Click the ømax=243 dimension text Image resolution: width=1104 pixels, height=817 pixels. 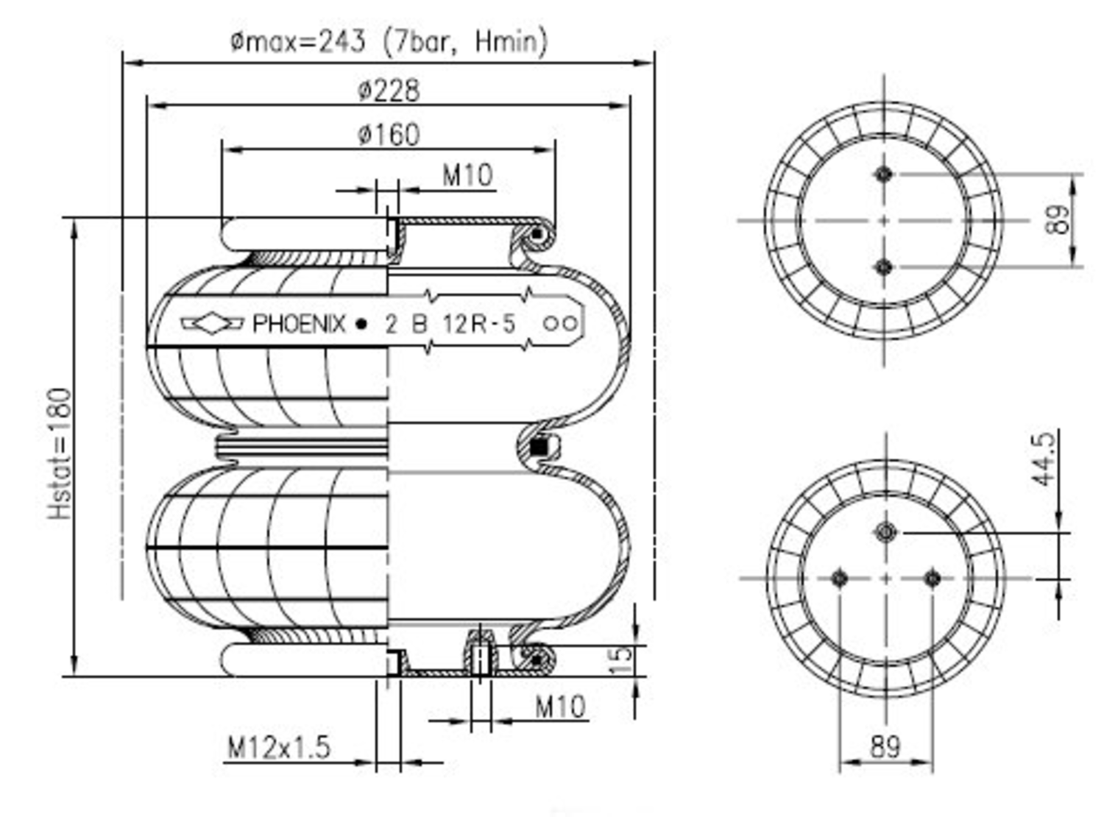coord(389,41)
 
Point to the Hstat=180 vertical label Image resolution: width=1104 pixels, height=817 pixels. coord(60,453)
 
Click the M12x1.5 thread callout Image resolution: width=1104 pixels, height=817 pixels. coord(279,748)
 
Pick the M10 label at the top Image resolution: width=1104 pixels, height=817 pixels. coord(467,175)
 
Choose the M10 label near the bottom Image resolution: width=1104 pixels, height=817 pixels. coord(560,707)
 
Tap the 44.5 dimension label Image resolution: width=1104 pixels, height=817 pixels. coord(1043,459)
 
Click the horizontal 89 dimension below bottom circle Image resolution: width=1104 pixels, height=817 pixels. coord(885,746)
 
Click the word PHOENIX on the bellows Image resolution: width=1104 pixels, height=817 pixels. coord(299,324)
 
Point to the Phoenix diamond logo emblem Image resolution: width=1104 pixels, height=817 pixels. coord(213,323)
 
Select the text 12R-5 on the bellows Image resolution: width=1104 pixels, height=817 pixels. coord(479,324)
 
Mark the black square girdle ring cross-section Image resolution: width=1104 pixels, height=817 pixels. coord(539,446)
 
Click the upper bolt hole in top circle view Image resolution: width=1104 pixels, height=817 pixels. coord(884,174)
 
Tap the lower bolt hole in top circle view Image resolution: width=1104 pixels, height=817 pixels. coord(884,266)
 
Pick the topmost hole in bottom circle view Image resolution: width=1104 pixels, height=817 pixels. coord(886,531)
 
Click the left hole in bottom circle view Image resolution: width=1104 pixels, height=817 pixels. coord(839,579)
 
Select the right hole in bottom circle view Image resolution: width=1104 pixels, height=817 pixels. coord(932,579)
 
